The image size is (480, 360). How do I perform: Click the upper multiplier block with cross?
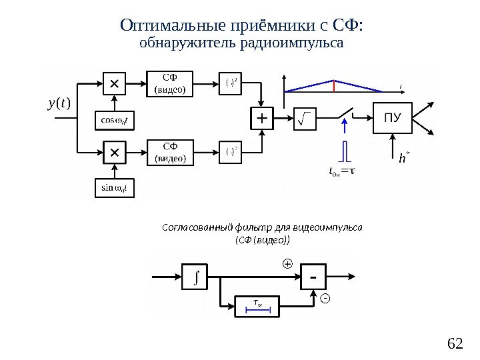(113, 84)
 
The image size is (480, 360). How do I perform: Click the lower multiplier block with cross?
(113, 153)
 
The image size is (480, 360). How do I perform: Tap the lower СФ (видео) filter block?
(171, 153)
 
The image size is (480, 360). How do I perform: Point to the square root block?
(305, 119)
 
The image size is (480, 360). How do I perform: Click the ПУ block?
(392, 119)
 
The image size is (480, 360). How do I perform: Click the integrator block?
(195, 274)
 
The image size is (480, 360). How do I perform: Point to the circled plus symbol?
(287, 264)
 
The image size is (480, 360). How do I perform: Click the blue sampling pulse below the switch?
(344, 151)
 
